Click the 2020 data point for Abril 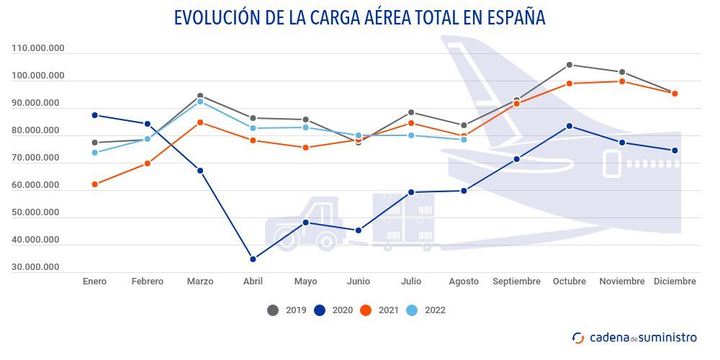253,259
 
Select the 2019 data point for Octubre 570,65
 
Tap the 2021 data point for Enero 94,184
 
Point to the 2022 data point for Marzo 200,102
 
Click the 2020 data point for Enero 94,115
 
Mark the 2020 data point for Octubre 570,126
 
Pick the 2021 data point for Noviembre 622,81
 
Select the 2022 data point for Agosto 464,140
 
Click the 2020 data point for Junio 359,230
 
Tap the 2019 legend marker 273,310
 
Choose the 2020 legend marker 320,310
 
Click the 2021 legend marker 366,310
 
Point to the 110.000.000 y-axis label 38,48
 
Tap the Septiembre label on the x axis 516,282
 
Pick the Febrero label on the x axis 147,282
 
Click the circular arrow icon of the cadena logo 578,338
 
